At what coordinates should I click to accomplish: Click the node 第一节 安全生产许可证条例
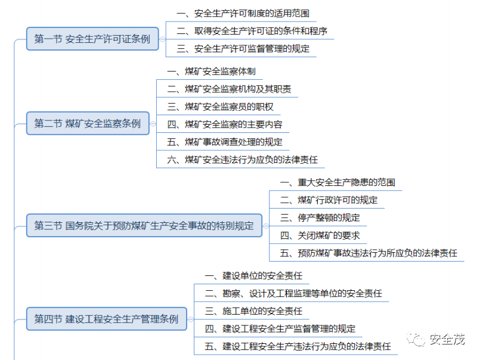(92, 39)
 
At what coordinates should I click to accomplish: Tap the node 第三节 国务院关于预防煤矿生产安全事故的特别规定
(144, 225)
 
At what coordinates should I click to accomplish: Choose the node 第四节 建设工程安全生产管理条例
(106, 318)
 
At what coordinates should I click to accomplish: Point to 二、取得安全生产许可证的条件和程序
(252, 30)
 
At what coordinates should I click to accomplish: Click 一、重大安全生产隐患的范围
(337, 182)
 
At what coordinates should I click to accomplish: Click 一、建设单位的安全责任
(253, 275)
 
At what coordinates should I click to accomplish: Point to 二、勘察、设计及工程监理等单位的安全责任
(293, 293)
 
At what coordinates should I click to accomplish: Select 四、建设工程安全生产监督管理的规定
(280, 328)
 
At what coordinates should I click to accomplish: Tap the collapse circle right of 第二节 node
(153, 123)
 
